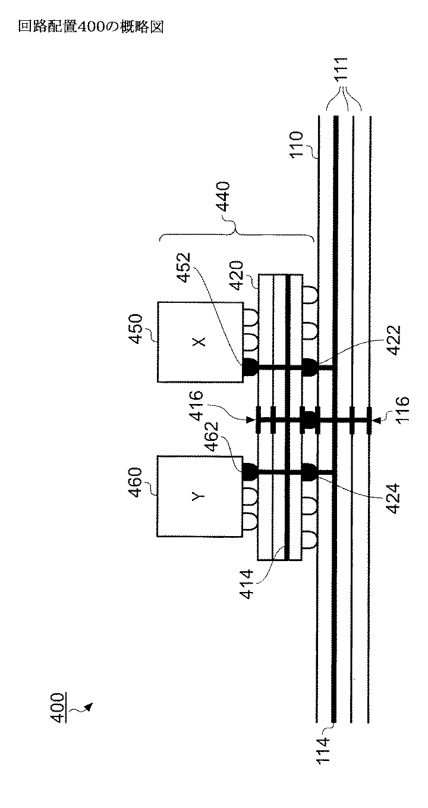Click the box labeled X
coord(199,342)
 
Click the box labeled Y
coord(199,496)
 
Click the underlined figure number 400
coord(58,708)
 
